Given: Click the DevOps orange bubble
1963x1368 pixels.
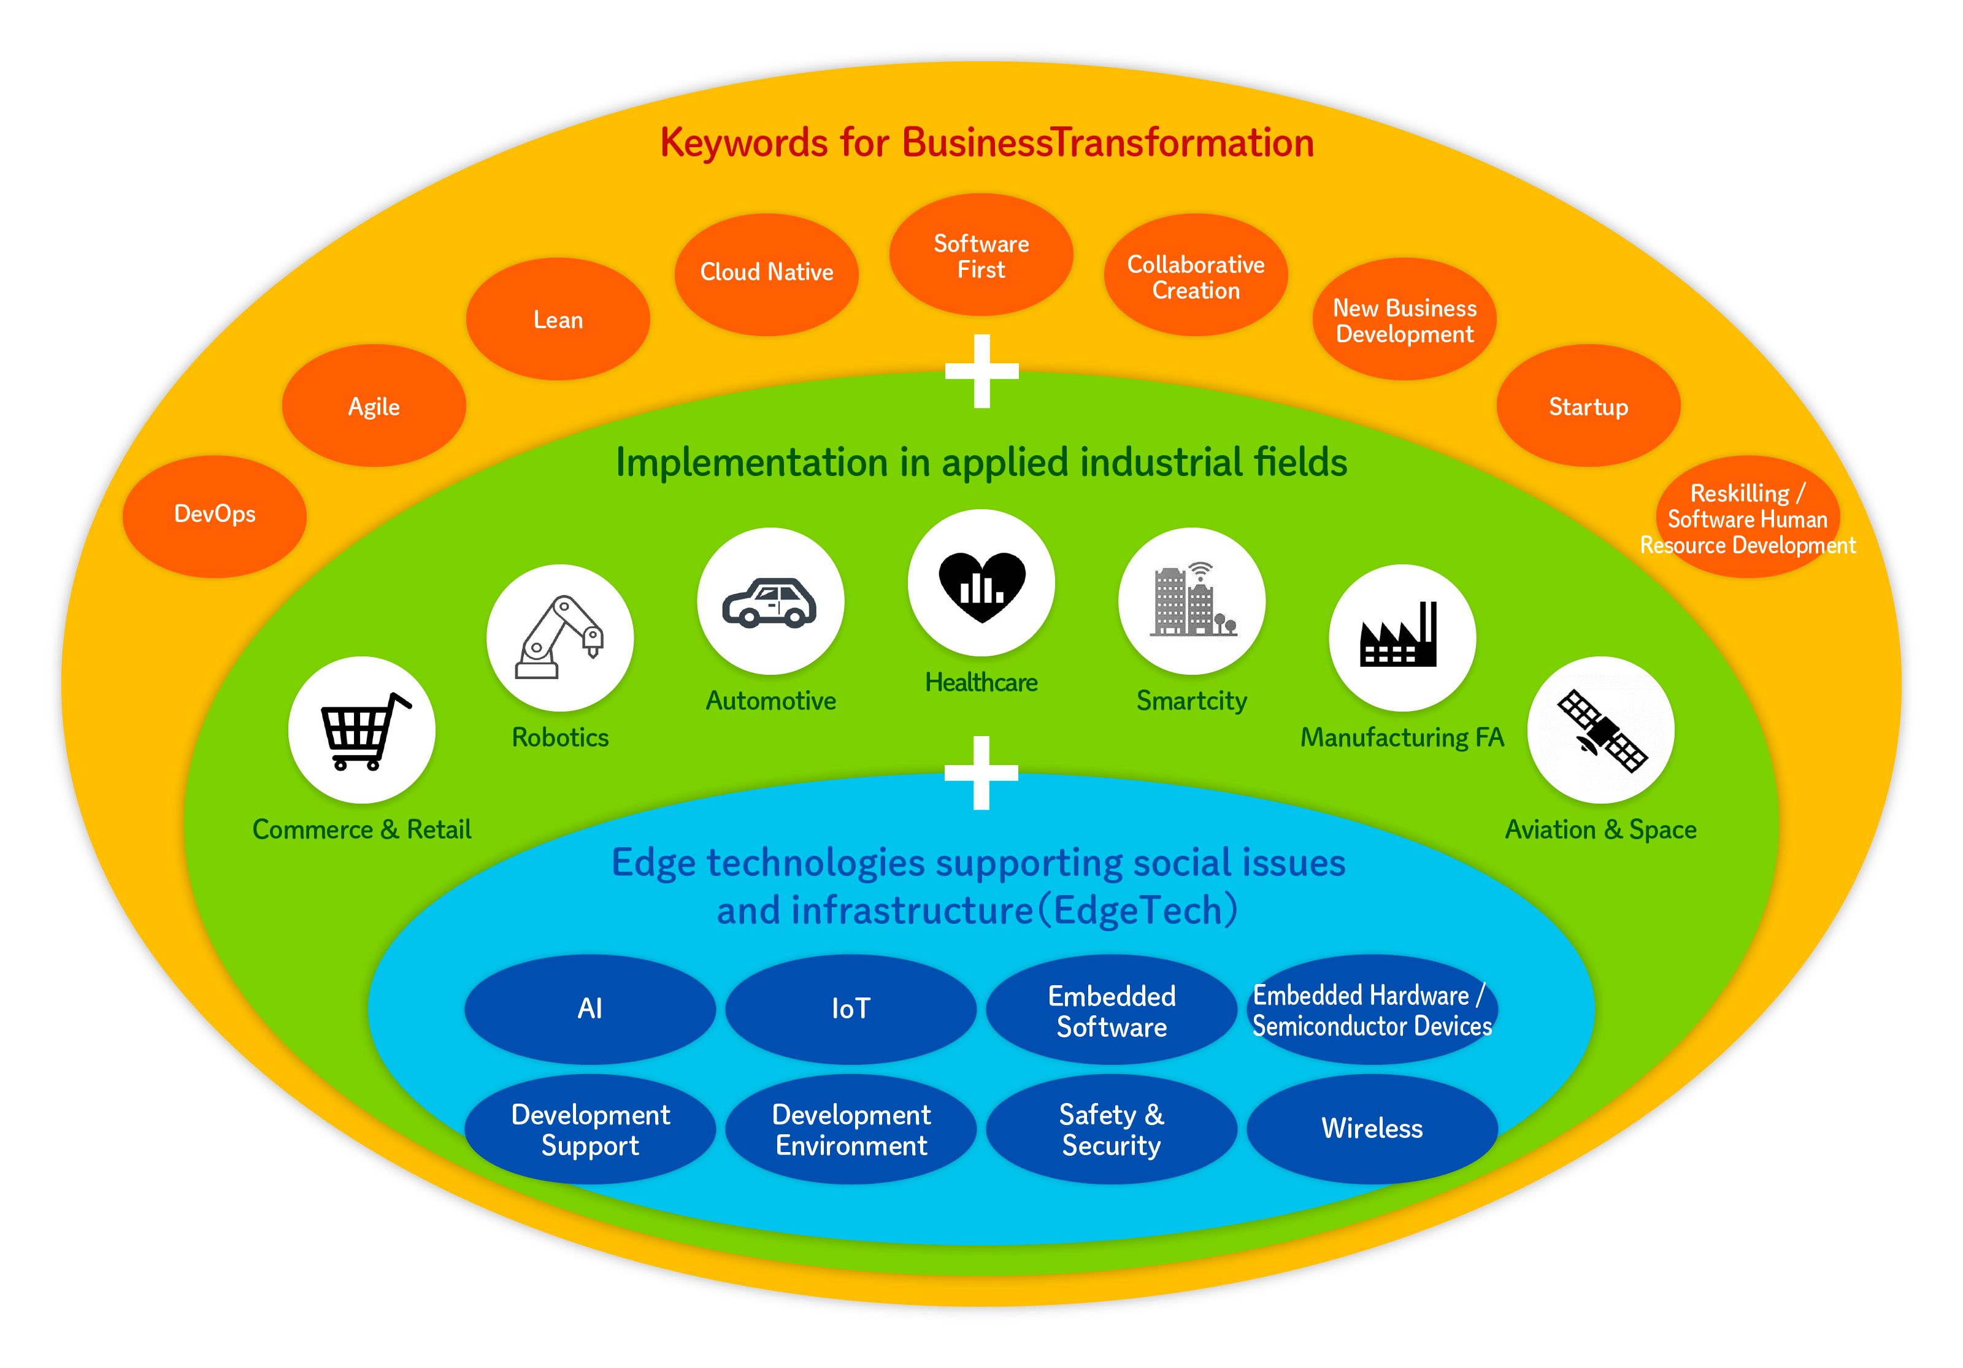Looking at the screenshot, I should [215, 515].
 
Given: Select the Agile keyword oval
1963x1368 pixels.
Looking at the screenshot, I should [374, 406].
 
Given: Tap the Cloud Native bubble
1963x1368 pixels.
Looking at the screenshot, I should [766, 274].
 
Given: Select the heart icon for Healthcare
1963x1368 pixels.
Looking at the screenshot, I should [981, 585].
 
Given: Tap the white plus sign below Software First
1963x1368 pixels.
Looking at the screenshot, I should [981, 371].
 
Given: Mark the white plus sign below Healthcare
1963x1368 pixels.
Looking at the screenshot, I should [981, 773].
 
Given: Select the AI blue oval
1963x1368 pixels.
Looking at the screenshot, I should [590, 1009].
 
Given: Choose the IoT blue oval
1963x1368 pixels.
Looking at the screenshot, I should [851, 1009].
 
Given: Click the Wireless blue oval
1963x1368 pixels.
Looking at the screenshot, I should [1372, 1129].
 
